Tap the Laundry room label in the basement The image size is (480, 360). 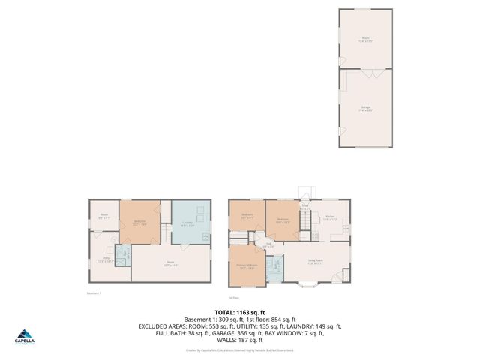pyautogui.click(x=188, y=222)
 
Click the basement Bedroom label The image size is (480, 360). pyautogui.click(x=139, y=222)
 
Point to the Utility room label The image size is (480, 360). pyautogui.click(x=104, y=260)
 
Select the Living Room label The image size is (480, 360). pyautogui.click(x=315, y=262)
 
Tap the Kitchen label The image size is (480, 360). pyautogui.click(x=330, y=218)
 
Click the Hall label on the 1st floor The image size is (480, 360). pyautogui.click(x=268, y=244)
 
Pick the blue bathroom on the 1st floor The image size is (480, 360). pyautogui.click(x=276, y=266)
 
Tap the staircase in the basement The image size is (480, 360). pyautogui.click(x=160, y=238)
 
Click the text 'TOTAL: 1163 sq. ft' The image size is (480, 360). pyautogui.click(x=239, y=311)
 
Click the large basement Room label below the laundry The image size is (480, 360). pyautogui.click(x=170, y=263)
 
